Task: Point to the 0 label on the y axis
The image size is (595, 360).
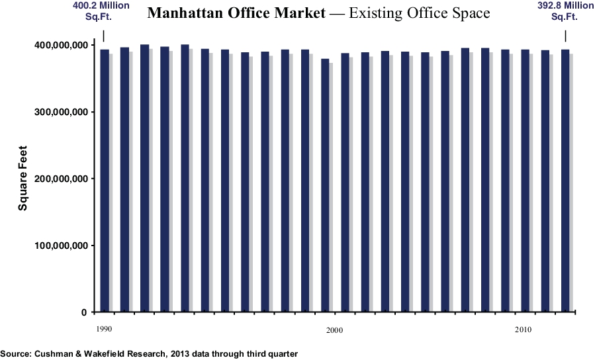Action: tap(83, 312)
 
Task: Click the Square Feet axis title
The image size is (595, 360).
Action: tap(23, 179)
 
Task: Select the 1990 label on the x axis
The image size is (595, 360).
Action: tap(104, 329)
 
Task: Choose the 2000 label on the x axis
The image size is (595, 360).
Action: tap(334, 330)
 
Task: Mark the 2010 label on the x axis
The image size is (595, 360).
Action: tap(523, 329)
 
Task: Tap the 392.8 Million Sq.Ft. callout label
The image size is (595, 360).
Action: tap(565, 11)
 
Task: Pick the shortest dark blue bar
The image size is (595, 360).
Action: tap(325, 185)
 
